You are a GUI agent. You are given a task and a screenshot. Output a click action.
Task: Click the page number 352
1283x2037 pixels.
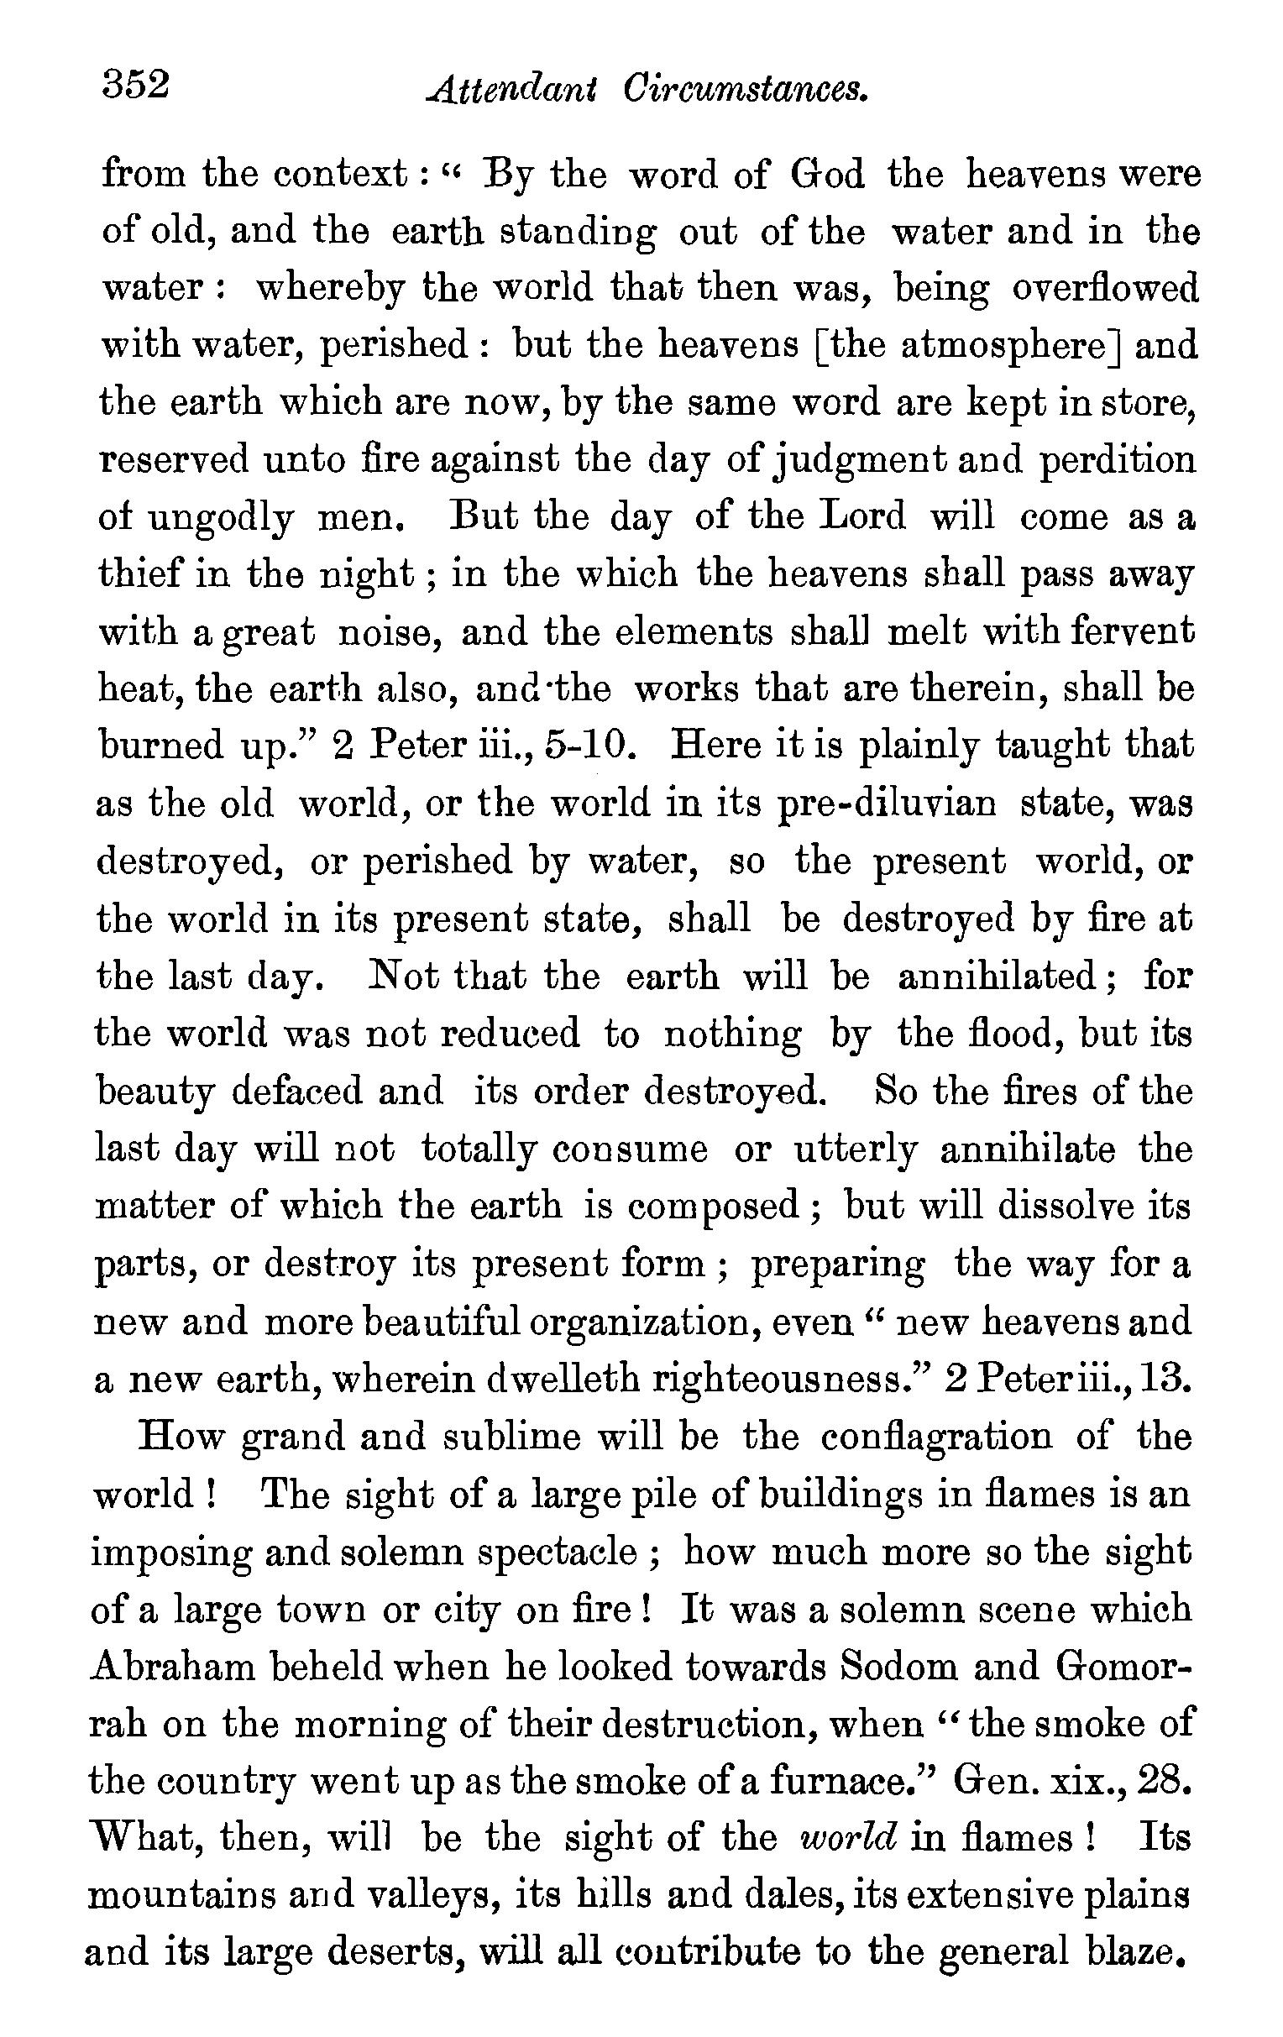pos(136,86)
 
